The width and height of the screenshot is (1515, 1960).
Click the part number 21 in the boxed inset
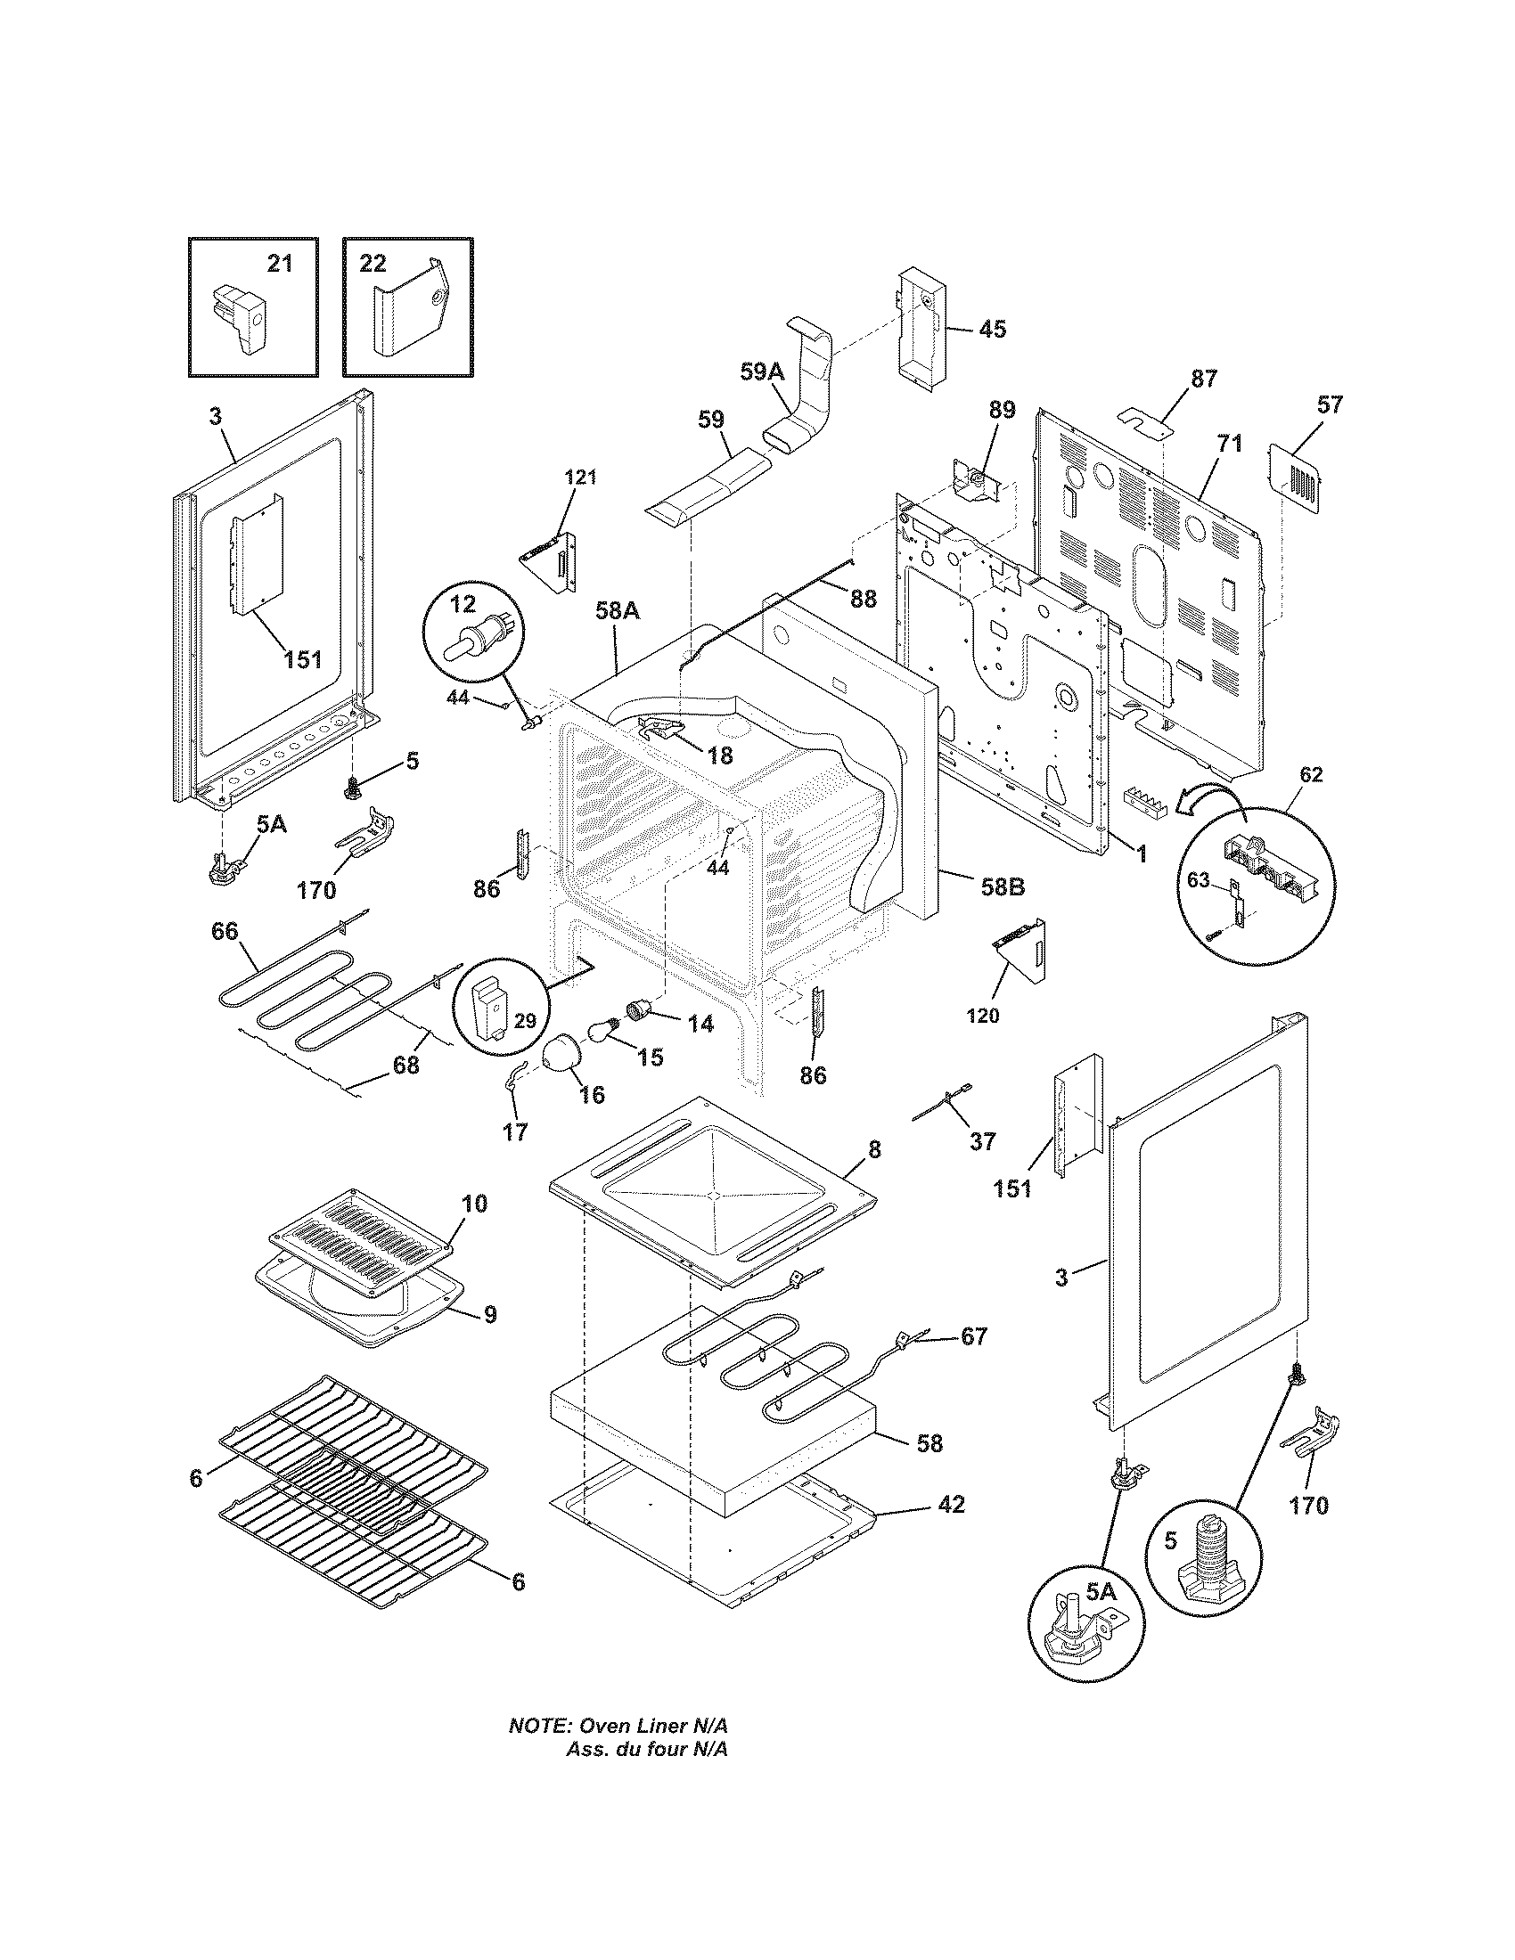pos(280,264)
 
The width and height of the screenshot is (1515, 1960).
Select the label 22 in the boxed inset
pos(373,263)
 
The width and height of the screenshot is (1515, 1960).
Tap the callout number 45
pos(992,330)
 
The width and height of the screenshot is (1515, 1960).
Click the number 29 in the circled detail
pos(525,1019)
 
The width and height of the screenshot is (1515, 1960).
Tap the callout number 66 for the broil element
pos(225,932)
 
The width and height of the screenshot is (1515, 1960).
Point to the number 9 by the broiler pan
pos(489,1315)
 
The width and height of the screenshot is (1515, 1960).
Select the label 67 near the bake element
pos(974,1360)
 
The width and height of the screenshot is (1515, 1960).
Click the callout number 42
pos(951,1504)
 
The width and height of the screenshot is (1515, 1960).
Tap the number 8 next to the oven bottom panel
pos(874,1149)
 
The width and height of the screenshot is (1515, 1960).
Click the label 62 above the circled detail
pos(1311,774)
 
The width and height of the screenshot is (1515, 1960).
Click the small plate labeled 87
pos(1146,419)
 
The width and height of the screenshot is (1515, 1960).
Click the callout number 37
pos(983,1141)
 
